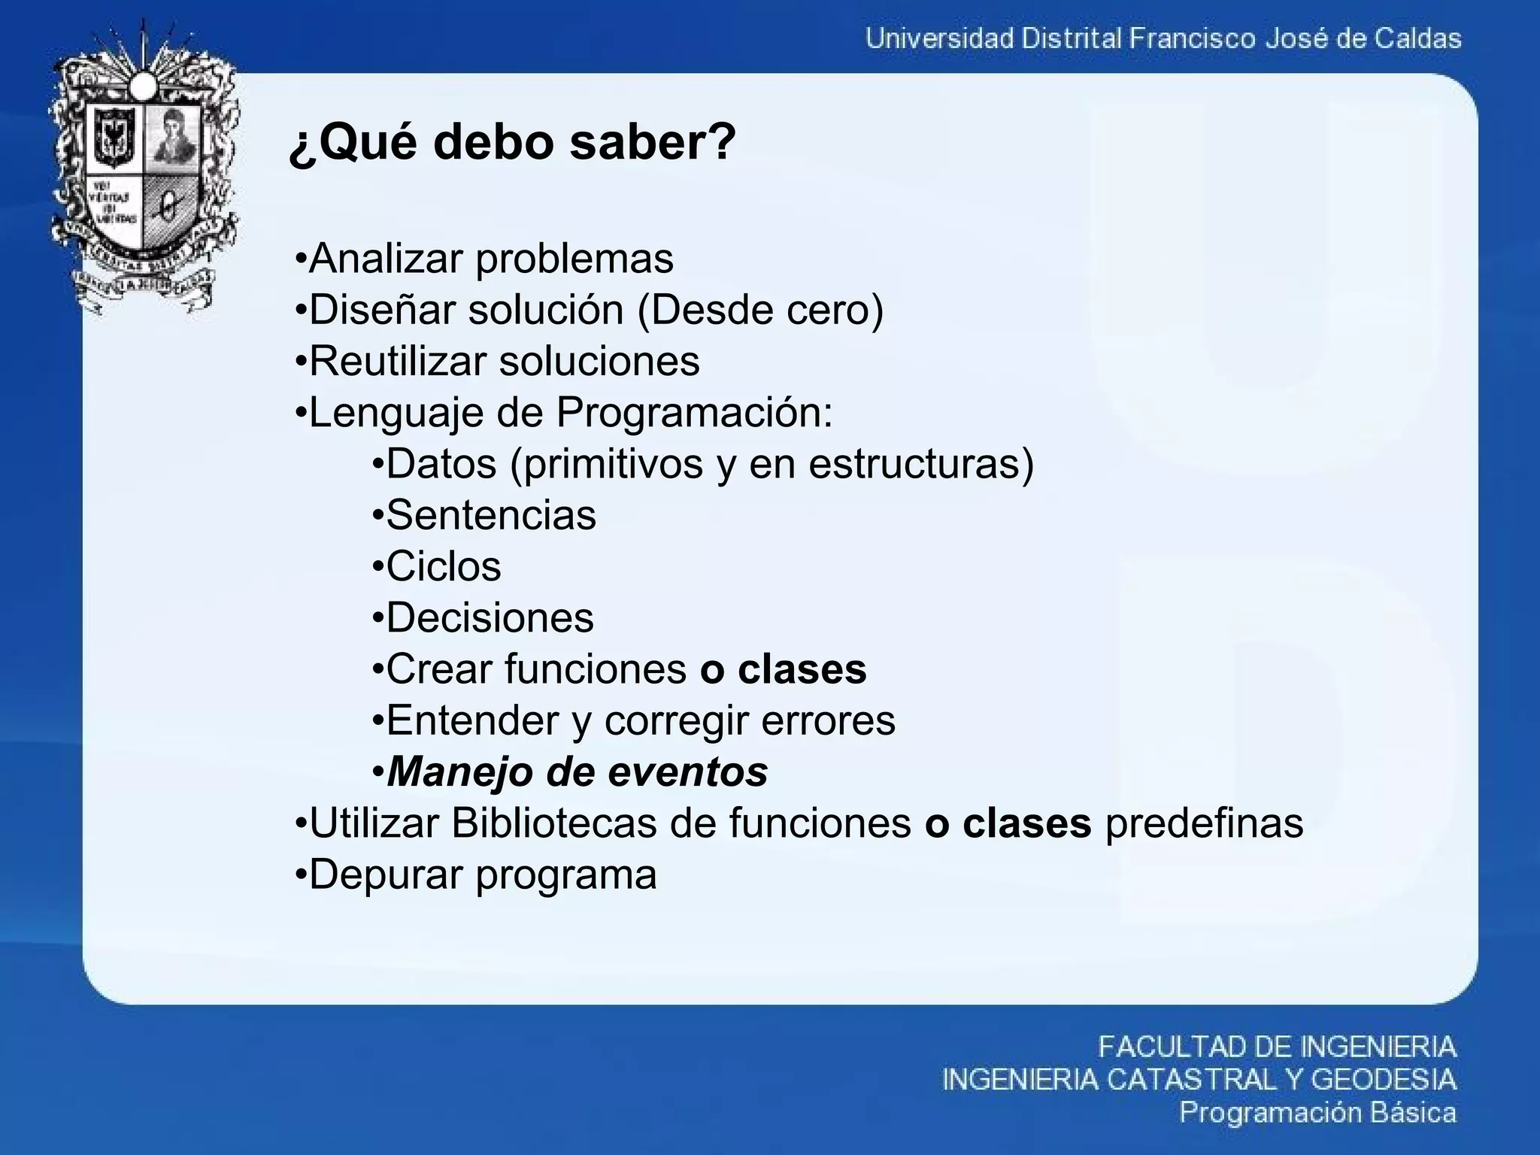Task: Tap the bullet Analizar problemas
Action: [x=484, y=259]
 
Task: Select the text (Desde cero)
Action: [x=760, y=310]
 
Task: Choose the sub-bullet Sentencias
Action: [x=484, y=515]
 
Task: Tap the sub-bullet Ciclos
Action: [x=437, y=566]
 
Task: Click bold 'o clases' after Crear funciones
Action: [x=783, y=668]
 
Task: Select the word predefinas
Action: [x=1204, y=823]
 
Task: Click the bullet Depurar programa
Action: [x=477, y=874]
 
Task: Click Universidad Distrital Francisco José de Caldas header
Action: [x=1163, y=38]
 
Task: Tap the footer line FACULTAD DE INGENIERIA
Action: [x=1277, y=1046]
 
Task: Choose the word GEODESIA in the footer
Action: [x=1384, y=1080]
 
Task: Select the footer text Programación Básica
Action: [x=1317, y=1112]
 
